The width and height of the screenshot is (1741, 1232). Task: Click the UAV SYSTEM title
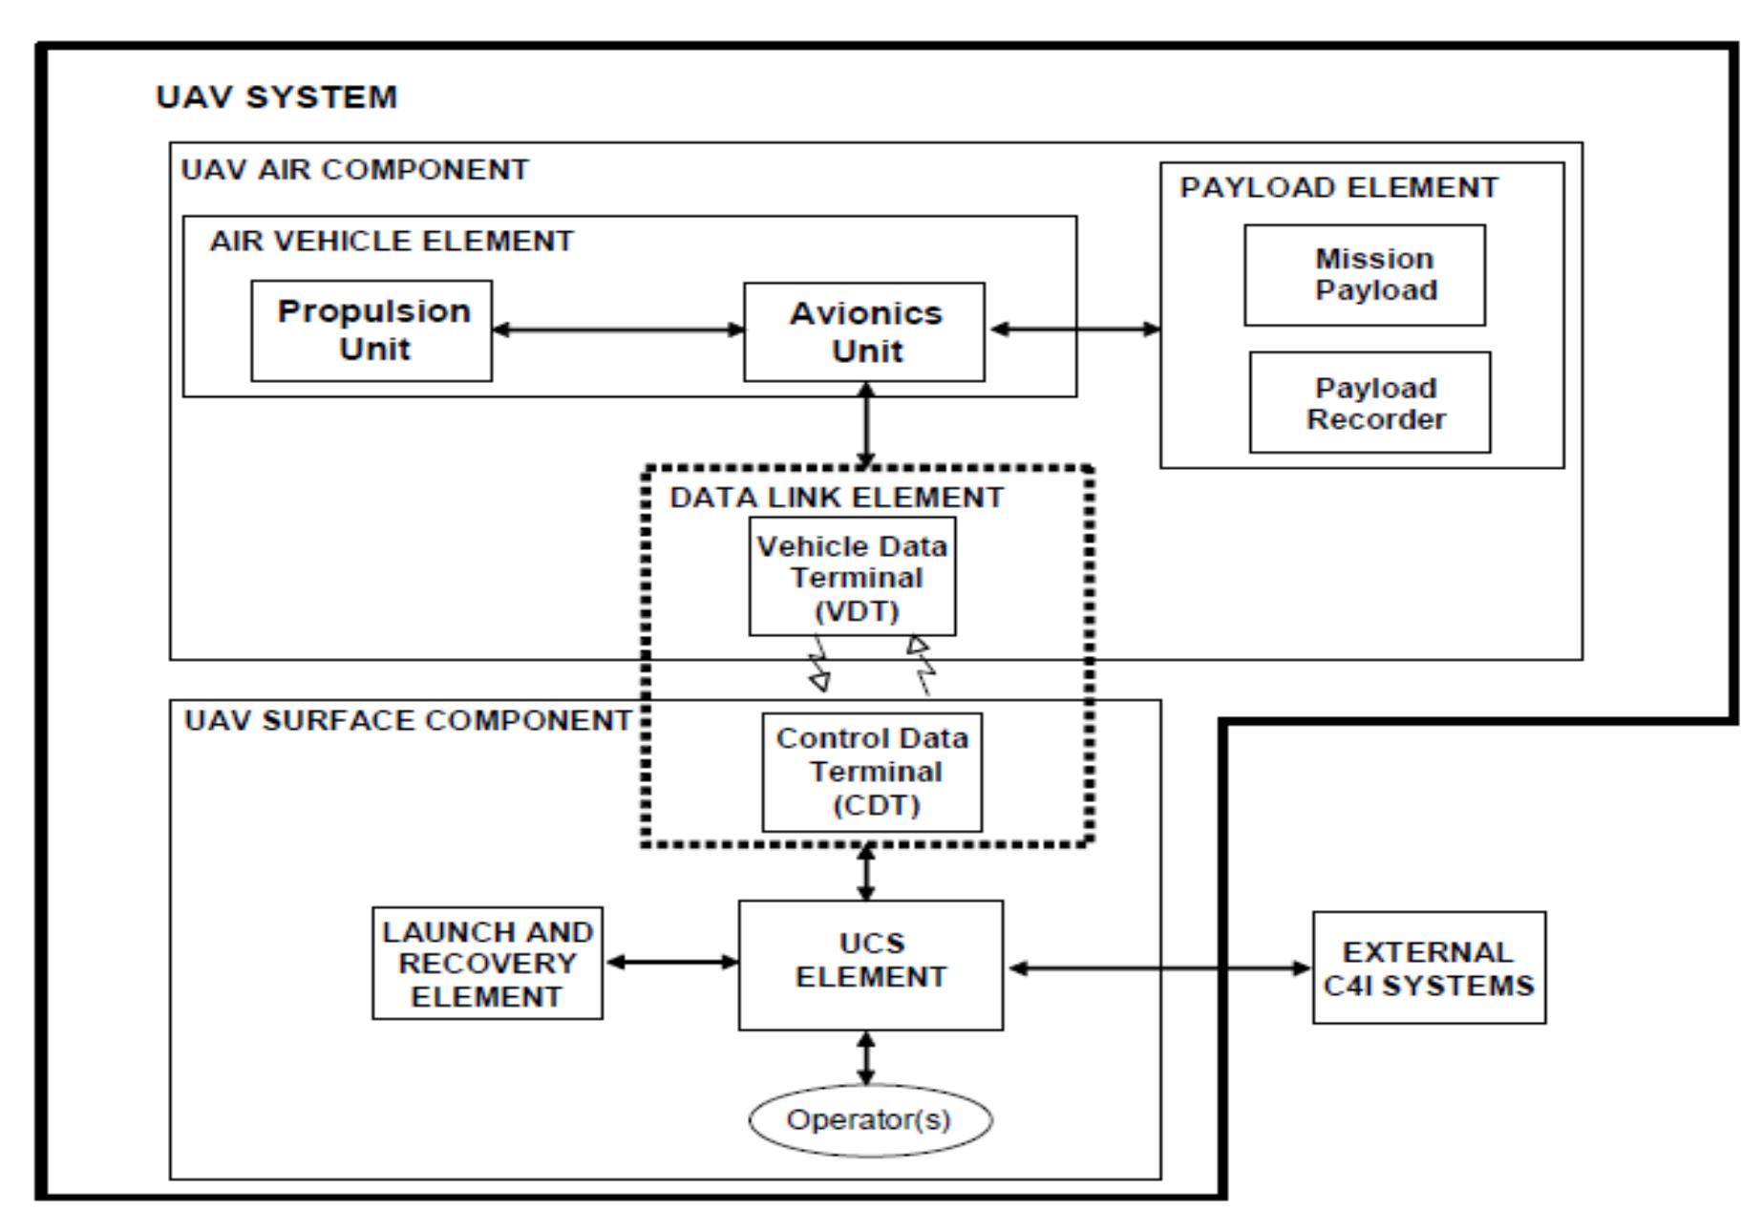pos(276,97)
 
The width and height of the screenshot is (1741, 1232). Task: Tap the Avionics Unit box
pos(864,331)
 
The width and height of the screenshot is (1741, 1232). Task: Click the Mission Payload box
pos(1364,275)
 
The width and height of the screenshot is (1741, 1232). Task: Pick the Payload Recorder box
pos(1369,402)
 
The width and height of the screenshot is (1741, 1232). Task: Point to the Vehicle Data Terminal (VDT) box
pos(852,577)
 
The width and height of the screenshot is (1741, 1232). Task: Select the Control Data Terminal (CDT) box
pos(872,772)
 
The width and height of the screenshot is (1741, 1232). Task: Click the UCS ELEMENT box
pos(870,965)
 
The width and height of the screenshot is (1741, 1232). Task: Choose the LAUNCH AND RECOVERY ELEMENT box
pos(487,964)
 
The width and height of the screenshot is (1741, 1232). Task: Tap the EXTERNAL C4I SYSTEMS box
pos(1429,967)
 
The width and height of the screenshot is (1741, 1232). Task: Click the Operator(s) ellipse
pos(870,1119)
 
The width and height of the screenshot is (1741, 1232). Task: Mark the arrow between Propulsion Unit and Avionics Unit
pos(618,330)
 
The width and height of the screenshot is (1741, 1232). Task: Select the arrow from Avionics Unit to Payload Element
pos(1073,329)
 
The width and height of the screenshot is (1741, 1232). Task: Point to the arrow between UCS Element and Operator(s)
pos(866,1057)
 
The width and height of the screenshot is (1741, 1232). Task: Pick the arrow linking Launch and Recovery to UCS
pos(671,962)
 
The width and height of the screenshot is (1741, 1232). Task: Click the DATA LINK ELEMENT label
pos(837,498)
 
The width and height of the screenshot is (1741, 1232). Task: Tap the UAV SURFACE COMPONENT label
pos(408,720)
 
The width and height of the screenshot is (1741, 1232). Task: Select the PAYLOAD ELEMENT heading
pos(1339,187)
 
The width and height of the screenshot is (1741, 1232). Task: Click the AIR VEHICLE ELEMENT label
pos(392,241)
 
